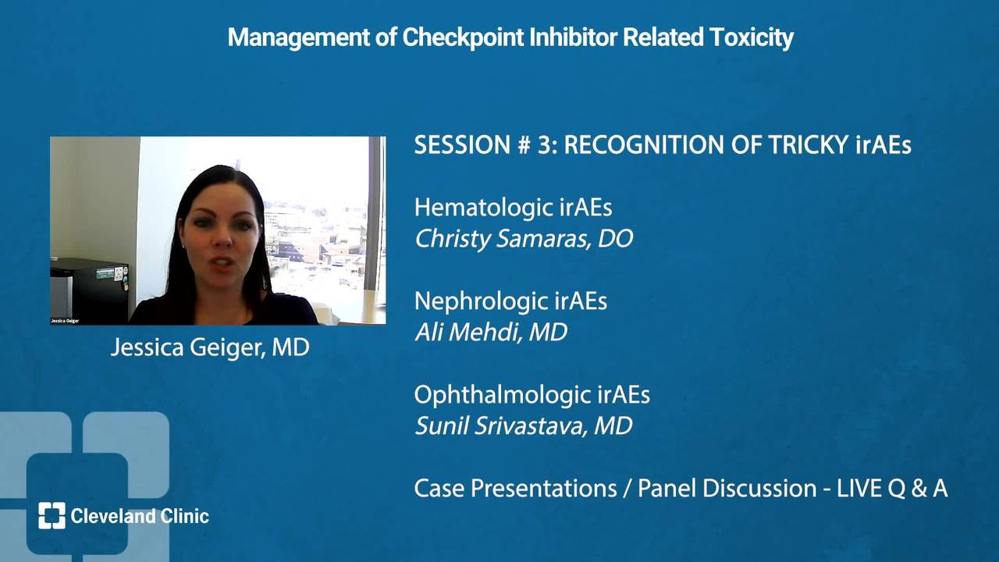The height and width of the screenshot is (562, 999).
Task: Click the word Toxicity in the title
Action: pyautogui.click(x=752, y=37)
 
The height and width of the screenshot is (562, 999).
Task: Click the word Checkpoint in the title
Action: pyautogui.click(x=463, y=37)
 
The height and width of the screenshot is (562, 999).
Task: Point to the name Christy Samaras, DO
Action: pyautogui.click(x=524, y=239)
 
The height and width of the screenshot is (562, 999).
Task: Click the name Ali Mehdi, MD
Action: pyautogui.click(x=491, y=333)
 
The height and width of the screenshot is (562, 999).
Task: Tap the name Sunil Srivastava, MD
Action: pyautogui.click(x=524, y=425)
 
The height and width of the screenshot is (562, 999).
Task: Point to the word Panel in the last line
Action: pyautogui.click(x=667, y=489)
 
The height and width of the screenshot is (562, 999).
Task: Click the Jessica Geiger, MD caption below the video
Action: pyautogui.click(x=210, y=347)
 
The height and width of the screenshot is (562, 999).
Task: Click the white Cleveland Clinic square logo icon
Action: pyautogui.click(x=52, y=516)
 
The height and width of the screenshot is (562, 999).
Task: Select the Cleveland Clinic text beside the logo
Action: pyautogui.click(x=140, y=516)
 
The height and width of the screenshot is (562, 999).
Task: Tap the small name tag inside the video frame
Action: pyautogui.click(x=65, y=321)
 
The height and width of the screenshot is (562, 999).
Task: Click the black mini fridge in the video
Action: pyautogui.click(x=89, y=290)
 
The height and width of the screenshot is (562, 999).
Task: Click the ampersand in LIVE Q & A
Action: pyautogui.click(x=919, y=489)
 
